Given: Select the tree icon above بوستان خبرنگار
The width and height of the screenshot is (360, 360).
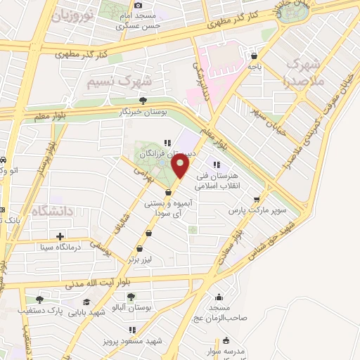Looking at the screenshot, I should tap(144, 101).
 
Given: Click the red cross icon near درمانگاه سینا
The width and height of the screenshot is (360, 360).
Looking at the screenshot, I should tap(39, 245).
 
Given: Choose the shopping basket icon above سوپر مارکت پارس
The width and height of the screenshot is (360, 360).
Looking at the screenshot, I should tap(264, 200).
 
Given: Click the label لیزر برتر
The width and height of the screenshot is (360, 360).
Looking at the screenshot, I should tap(139, 259).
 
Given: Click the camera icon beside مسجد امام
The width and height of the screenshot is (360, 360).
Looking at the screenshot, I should tap(138, 6).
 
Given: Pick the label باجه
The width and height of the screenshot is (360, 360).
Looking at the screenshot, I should tap(253, 66).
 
